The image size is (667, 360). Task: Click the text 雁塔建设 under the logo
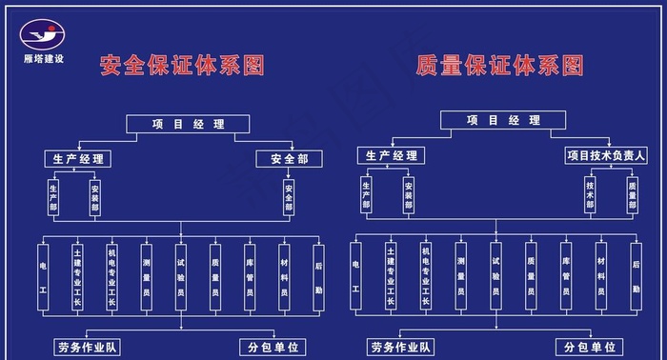point(44,60)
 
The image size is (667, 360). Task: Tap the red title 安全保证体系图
point(182,66)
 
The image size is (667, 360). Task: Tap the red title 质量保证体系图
point(500,66)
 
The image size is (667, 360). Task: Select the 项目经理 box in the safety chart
point(188,124)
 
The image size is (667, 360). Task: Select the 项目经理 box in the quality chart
point(503,121)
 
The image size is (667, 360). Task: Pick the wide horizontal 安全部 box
point(289,159)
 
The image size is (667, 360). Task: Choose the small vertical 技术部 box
point(590,194)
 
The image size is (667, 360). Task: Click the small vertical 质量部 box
point(632,194)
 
